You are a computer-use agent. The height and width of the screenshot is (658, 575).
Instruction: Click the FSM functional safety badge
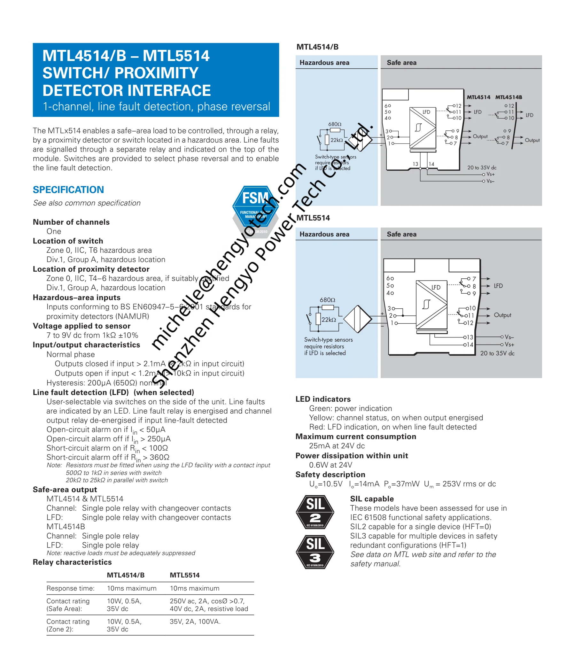click(x=255, y=210)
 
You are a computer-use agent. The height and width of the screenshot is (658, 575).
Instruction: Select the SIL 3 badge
click(x=315, y=552)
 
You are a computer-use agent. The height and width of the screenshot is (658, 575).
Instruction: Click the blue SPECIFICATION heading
click(x=68, y=190)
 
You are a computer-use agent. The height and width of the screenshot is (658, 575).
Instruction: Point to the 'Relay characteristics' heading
click(x=72, y=562)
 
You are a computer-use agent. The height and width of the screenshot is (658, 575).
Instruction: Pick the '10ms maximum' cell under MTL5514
click(x=194, y=588)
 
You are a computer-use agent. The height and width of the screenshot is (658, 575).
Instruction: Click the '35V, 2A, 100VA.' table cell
click(x=195, y=621)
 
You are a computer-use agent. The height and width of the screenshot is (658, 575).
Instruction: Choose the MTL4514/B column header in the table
click(x=126, y=575)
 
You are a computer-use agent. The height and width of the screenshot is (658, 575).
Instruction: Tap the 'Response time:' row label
click(x=70, y=588)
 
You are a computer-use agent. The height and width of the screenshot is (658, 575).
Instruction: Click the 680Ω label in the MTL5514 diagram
click(x=327, y=300)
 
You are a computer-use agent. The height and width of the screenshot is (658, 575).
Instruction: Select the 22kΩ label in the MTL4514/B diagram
click(x=337, y=140)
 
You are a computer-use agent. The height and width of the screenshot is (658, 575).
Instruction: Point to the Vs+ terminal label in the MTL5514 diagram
click(x=509, y=344)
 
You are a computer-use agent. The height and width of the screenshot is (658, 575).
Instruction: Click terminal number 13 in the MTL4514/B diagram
click(x=415, y=164)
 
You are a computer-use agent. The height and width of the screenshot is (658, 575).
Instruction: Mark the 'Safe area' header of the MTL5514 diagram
click(x=401, y=234)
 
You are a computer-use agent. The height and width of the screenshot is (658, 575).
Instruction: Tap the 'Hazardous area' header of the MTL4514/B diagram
click(x=324, y=63)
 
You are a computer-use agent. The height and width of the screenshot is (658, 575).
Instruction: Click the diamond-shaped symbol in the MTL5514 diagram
click(x=357, y=319)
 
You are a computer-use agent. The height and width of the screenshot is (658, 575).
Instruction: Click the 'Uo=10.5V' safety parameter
click(x=326, y=484)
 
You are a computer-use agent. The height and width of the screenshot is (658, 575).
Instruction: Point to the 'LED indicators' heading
click(x=323, y=399)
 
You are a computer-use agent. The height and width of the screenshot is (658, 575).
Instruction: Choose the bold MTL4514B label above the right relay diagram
click(x=508, y=97)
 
